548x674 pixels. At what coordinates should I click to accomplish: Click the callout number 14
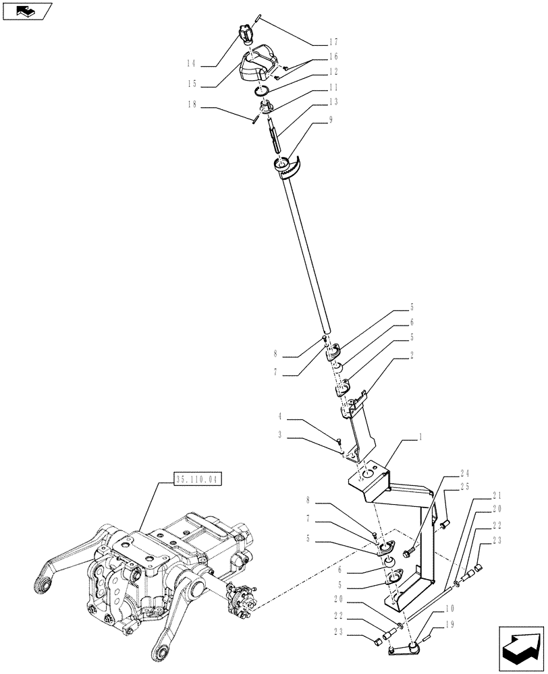(x=192, y=64)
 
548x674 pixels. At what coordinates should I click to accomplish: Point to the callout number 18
(x=192, y=104)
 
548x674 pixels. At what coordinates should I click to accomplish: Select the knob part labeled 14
(x=244, y=32)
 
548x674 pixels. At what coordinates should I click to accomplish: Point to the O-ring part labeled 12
(x=263, y=92)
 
